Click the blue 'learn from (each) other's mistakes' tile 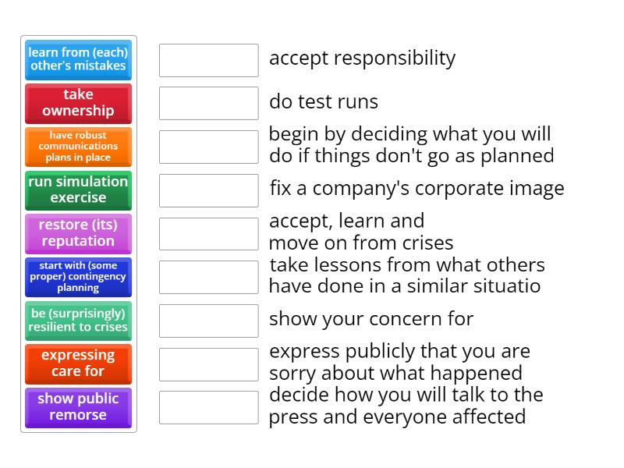pos(78,59)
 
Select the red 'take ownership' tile pos(78,103)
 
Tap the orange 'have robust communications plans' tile pos(78,147)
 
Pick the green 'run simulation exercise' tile pos(78,190)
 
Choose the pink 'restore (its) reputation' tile pos(78,233)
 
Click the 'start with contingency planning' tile pos(78,277)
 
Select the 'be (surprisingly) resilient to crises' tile pos(78,321)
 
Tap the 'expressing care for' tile pos(78,363)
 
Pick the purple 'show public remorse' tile pos(78,407)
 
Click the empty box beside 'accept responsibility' pos(208,60)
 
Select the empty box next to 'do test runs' pos(208,103)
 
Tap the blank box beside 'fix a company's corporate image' pos(208,190)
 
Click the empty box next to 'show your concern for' pos(208,321)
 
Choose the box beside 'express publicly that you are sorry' pos(208,364)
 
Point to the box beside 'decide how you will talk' pos(208,407)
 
